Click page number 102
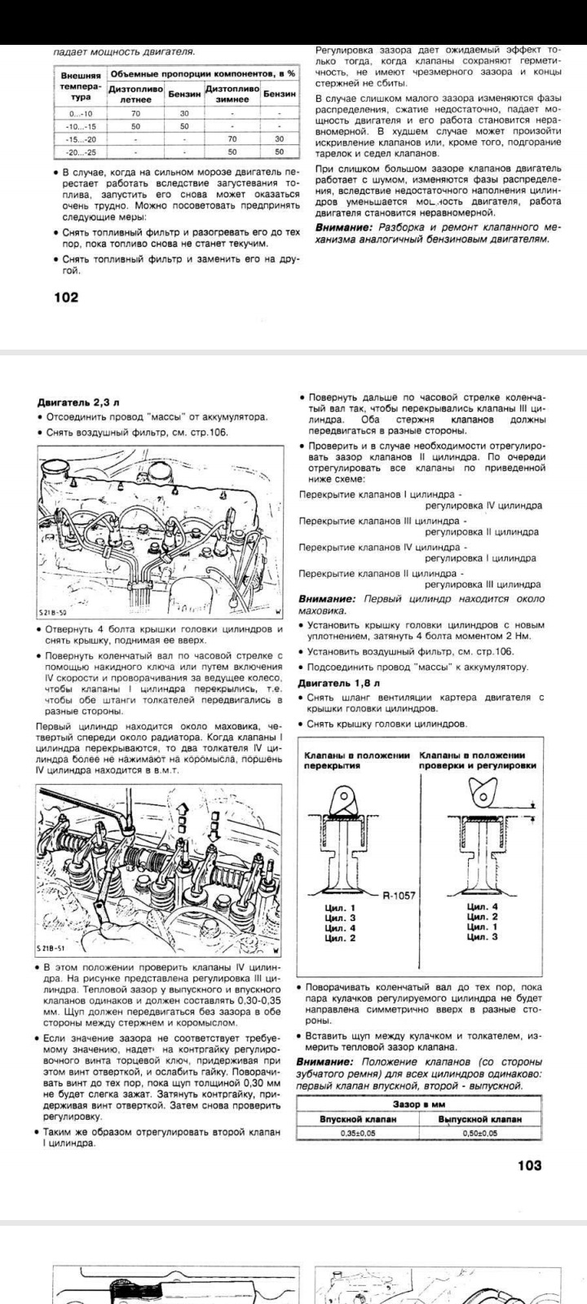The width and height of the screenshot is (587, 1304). click(66, 297)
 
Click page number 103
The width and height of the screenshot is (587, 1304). click(529, 1165)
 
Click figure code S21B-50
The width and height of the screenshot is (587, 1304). click(53, 611)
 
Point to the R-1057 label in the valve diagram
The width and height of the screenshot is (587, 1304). click(399, 896)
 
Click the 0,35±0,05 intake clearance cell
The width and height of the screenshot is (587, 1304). click(357, 1134)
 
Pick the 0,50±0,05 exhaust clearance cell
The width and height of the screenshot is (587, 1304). click(479, 1134)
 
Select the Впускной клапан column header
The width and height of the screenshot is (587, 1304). click(357, 1119)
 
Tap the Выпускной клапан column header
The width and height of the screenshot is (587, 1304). click(479, 1119)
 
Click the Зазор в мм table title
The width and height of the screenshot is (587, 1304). click(418, 1104)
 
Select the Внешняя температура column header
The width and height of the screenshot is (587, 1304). click(82, 86)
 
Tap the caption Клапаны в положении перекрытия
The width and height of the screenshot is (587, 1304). click(355, 760)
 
